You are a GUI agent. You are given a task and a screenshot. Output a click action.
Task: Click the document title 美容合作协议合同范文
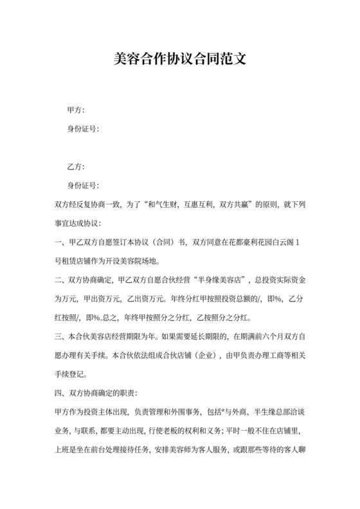(179, 60)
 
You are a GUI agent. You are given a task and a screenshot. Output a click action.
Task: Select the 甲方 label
(76, 111)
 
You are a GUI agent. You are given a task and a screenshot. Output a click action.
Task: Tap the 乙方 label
(76, 166)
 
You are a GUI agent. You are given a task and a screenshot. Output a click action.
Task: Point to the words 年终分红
(180, 299)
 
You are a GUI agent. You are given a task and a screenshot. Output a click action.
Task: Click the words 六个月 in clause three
(256, 336)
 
